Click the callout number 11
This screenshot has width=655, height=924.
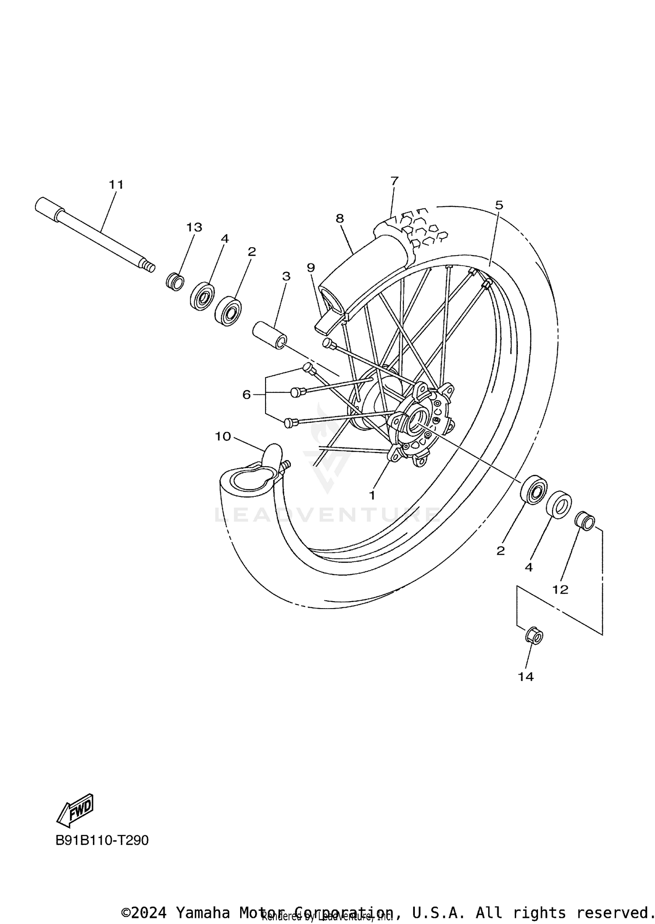[116, 185]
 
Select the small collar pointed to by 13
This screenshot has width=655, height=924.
[175, 282]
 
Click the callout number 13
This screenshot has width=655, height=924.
[194, 227]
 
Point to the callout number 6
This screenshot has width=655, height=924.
[247, 395]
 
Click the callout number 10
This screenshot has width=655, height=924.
[223, 436]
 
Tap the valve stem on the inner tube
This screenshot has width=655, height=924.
[286, 466]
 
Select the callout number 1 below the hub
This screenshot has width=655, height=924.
[372, 495]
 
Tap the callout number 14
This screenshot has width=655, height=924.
[526, 677]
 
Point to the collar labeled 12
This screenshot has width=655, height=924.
[585, 521]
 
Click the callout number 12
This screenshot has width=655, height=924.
[560, 590]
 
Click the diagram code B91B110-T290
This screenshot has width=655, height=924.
[102, 840]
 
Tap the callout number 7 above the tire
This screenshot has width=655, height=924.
[394, 180]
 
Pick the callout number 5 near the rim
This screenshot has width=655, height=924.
[499, 205]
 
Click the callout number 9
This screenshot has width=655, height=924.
[310, 267]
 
